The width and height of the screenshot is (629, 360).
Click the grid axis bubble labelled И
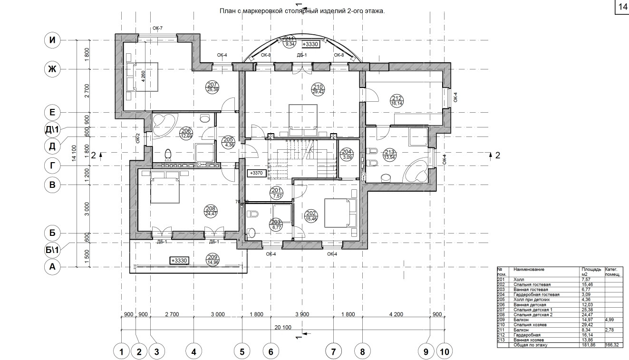pyautogui.click(x=53, y=40)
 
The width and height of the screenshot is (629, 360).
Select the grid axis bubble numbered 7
pyautogui.click(x=333, y=352)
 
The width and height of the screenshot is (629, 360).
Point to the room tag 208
pyautogui.click(x=210, y=210)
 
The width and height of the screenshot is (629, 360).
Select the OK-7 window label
pyautogui.click(x=158, y=29)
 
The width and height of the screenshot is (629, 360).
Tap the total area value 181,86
pyautogui.click(x=588, y=345)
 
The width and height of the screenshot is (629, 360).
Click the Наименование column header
pyautogui.click(x=529, y=270)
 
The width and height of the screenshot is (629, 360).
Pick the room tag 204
pyautogui.click(x=347, y=153)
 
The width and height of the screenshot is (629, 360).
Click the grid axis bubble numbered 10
pyautogui.click(x=444, y=352)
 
